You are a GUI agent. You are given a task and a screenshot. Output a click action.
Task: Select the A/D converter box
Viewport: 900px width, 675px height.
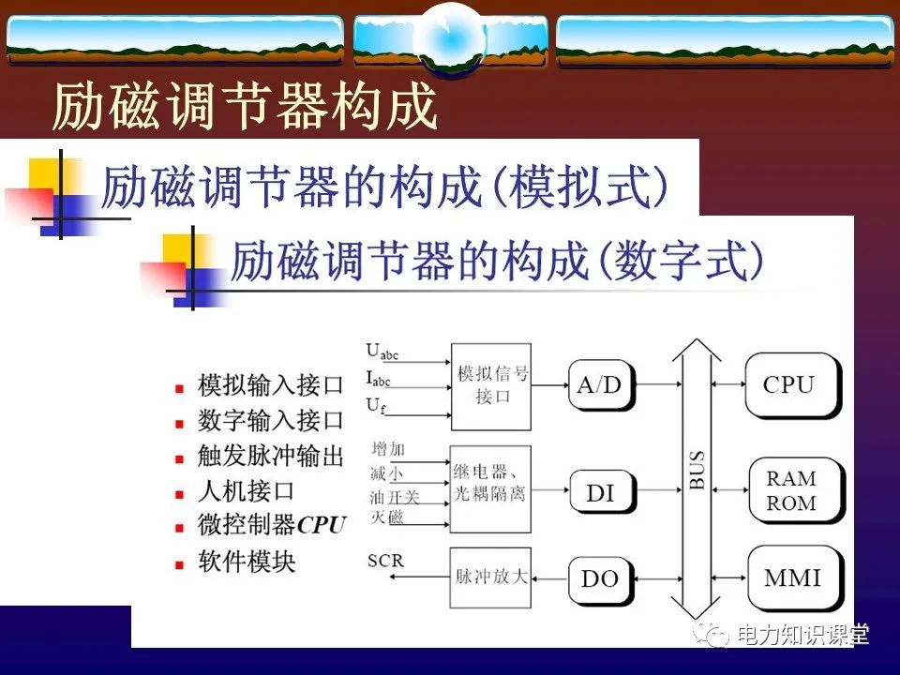tap(600, 384)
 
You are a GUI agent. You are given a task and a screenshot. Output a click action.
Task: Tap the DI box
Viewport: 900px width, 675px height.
tap(600, 490)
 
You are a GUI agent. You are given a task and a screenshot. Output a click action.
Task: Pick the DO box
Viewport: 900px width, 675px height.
tap(600, 578)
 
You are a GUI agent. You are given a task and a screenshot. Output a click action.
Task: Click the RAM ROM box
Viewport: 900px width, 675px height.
tap(791, 490)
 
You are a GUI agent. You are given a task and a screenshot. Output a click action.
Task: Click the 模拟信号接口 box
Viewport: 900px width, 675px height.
tap(490, 384)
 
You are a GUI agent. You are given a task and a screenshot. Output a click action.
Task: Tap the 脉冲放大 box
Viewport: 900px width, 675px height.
tap(490, 577)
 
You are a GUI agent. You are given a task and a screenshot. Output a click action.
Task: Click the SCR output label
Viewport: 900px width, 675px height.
tap(385, 561)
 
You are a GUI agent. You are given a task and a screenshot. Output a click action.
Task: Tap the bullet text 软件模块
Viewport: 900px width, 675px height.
tap(247, 562)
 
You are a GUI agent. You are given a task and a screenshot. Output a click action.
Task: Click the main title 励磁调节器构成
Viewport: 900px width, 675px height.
tap(245, 106)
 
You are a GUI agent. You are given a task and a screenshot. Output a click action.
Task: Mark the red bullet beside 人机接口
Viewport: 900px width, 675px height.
tap(180, 493)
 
